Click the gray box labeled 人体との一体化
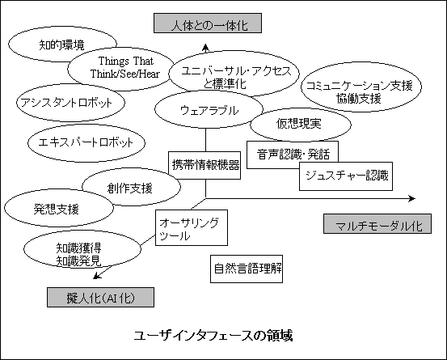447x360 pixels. [208, 23]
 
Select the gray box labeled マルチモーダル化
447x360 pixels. [377, 223]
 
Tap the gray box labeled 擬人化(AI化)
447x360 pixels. [100, 297]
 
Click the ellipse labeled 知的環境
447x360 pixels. [62, 44]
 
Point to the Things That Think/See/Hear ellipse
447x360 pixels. [121, 69]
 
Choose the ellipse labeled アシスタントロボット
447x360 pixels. [70, 103]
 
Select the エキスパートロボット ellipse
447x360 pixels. [86, 142]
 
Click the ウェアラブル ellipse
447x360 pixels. [209, 109]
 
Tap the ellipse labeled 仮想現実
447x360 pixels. [301, 124]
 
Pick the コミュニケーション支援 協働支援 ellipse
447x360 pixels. [361, 87]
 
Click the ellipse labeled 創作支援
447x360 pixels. [131, 187]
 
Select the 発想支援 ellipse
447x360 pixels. [59, 208]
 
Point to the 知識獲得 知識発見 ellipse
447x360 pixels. [82, 249]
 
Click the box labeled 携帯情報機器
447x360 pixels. [205, 165]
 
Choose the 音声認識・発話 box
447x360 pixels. [293, 155]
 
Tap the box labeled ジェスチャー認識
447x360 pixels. [346, 176]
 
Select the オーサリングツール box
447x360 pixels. [192, 227]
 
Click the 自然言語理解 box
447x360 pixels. [247, 269]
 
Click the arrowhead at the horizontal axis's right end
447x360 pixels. [412, 198]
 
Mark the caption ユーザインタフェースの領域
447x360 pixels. [213, 336]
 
